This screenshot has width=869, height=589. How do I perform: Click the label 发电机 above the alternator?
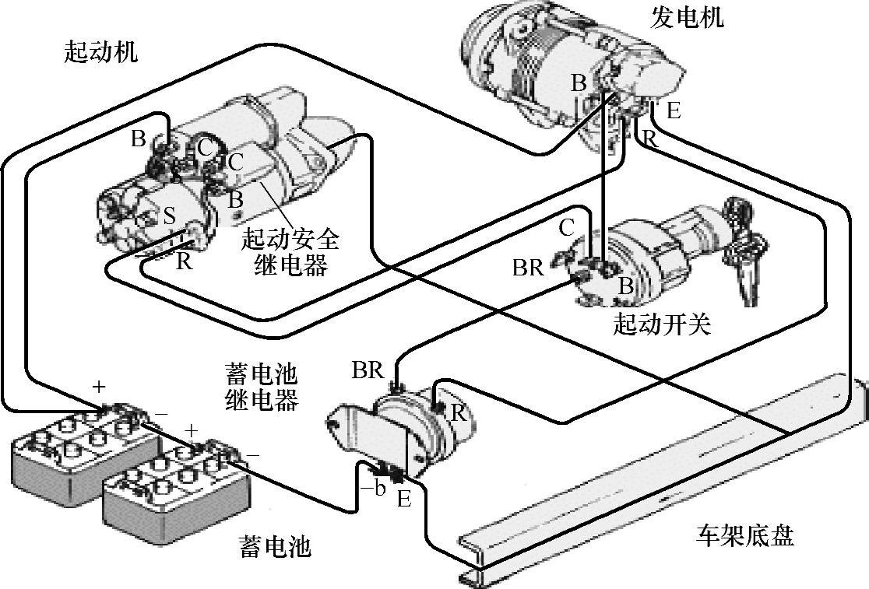[x=686, y=17]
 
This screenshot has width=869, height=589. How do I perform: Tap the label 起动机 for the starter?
[x=102, y=53]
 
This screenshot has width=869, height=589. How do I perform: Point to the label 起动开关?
[x=662, y=324]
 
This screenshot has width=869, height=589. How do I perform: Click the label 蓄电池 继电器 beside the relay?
[x=261, y=387]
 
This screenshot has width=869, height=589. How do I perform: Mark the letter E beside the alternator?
[x=673, y=110]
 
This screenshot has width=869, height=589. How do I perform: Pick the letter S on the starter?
[x=169, y=216]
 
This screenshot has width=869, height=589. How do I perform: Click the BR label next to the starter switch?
[x=527, y=268]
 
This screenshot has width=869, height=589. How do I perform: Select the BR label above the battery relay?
[x=368, y=370]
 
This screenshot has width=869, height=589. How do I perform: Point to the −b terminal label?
[x=375, y=489]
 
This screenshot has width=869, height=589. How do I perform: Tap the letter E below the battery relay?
[x=403, y=499]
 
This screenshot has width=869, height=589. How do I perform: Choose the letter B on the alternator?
[x=578, y=83]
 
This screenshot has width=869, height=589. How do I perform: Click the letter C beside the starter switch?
[x=567, y=228]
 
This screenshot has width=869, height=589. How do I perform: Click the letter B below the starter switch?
[x=625, y=286]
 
